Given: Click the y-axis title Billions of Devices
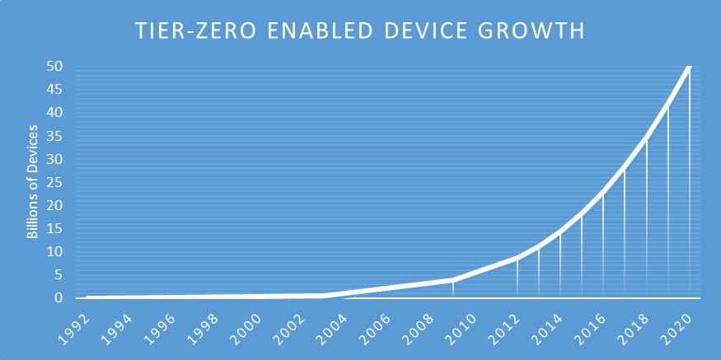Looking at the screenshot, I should click(x=33, y=182).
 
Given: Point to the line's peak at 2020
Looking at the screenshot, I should click(x=690, y=67).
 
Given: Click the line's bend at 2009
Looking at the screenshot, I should click(x=452, y=280).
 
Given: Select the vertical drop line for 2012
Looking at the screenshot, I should click(x=517, y=278).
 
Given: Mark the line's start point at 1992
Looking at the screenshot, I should click(x=87, y=297).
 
